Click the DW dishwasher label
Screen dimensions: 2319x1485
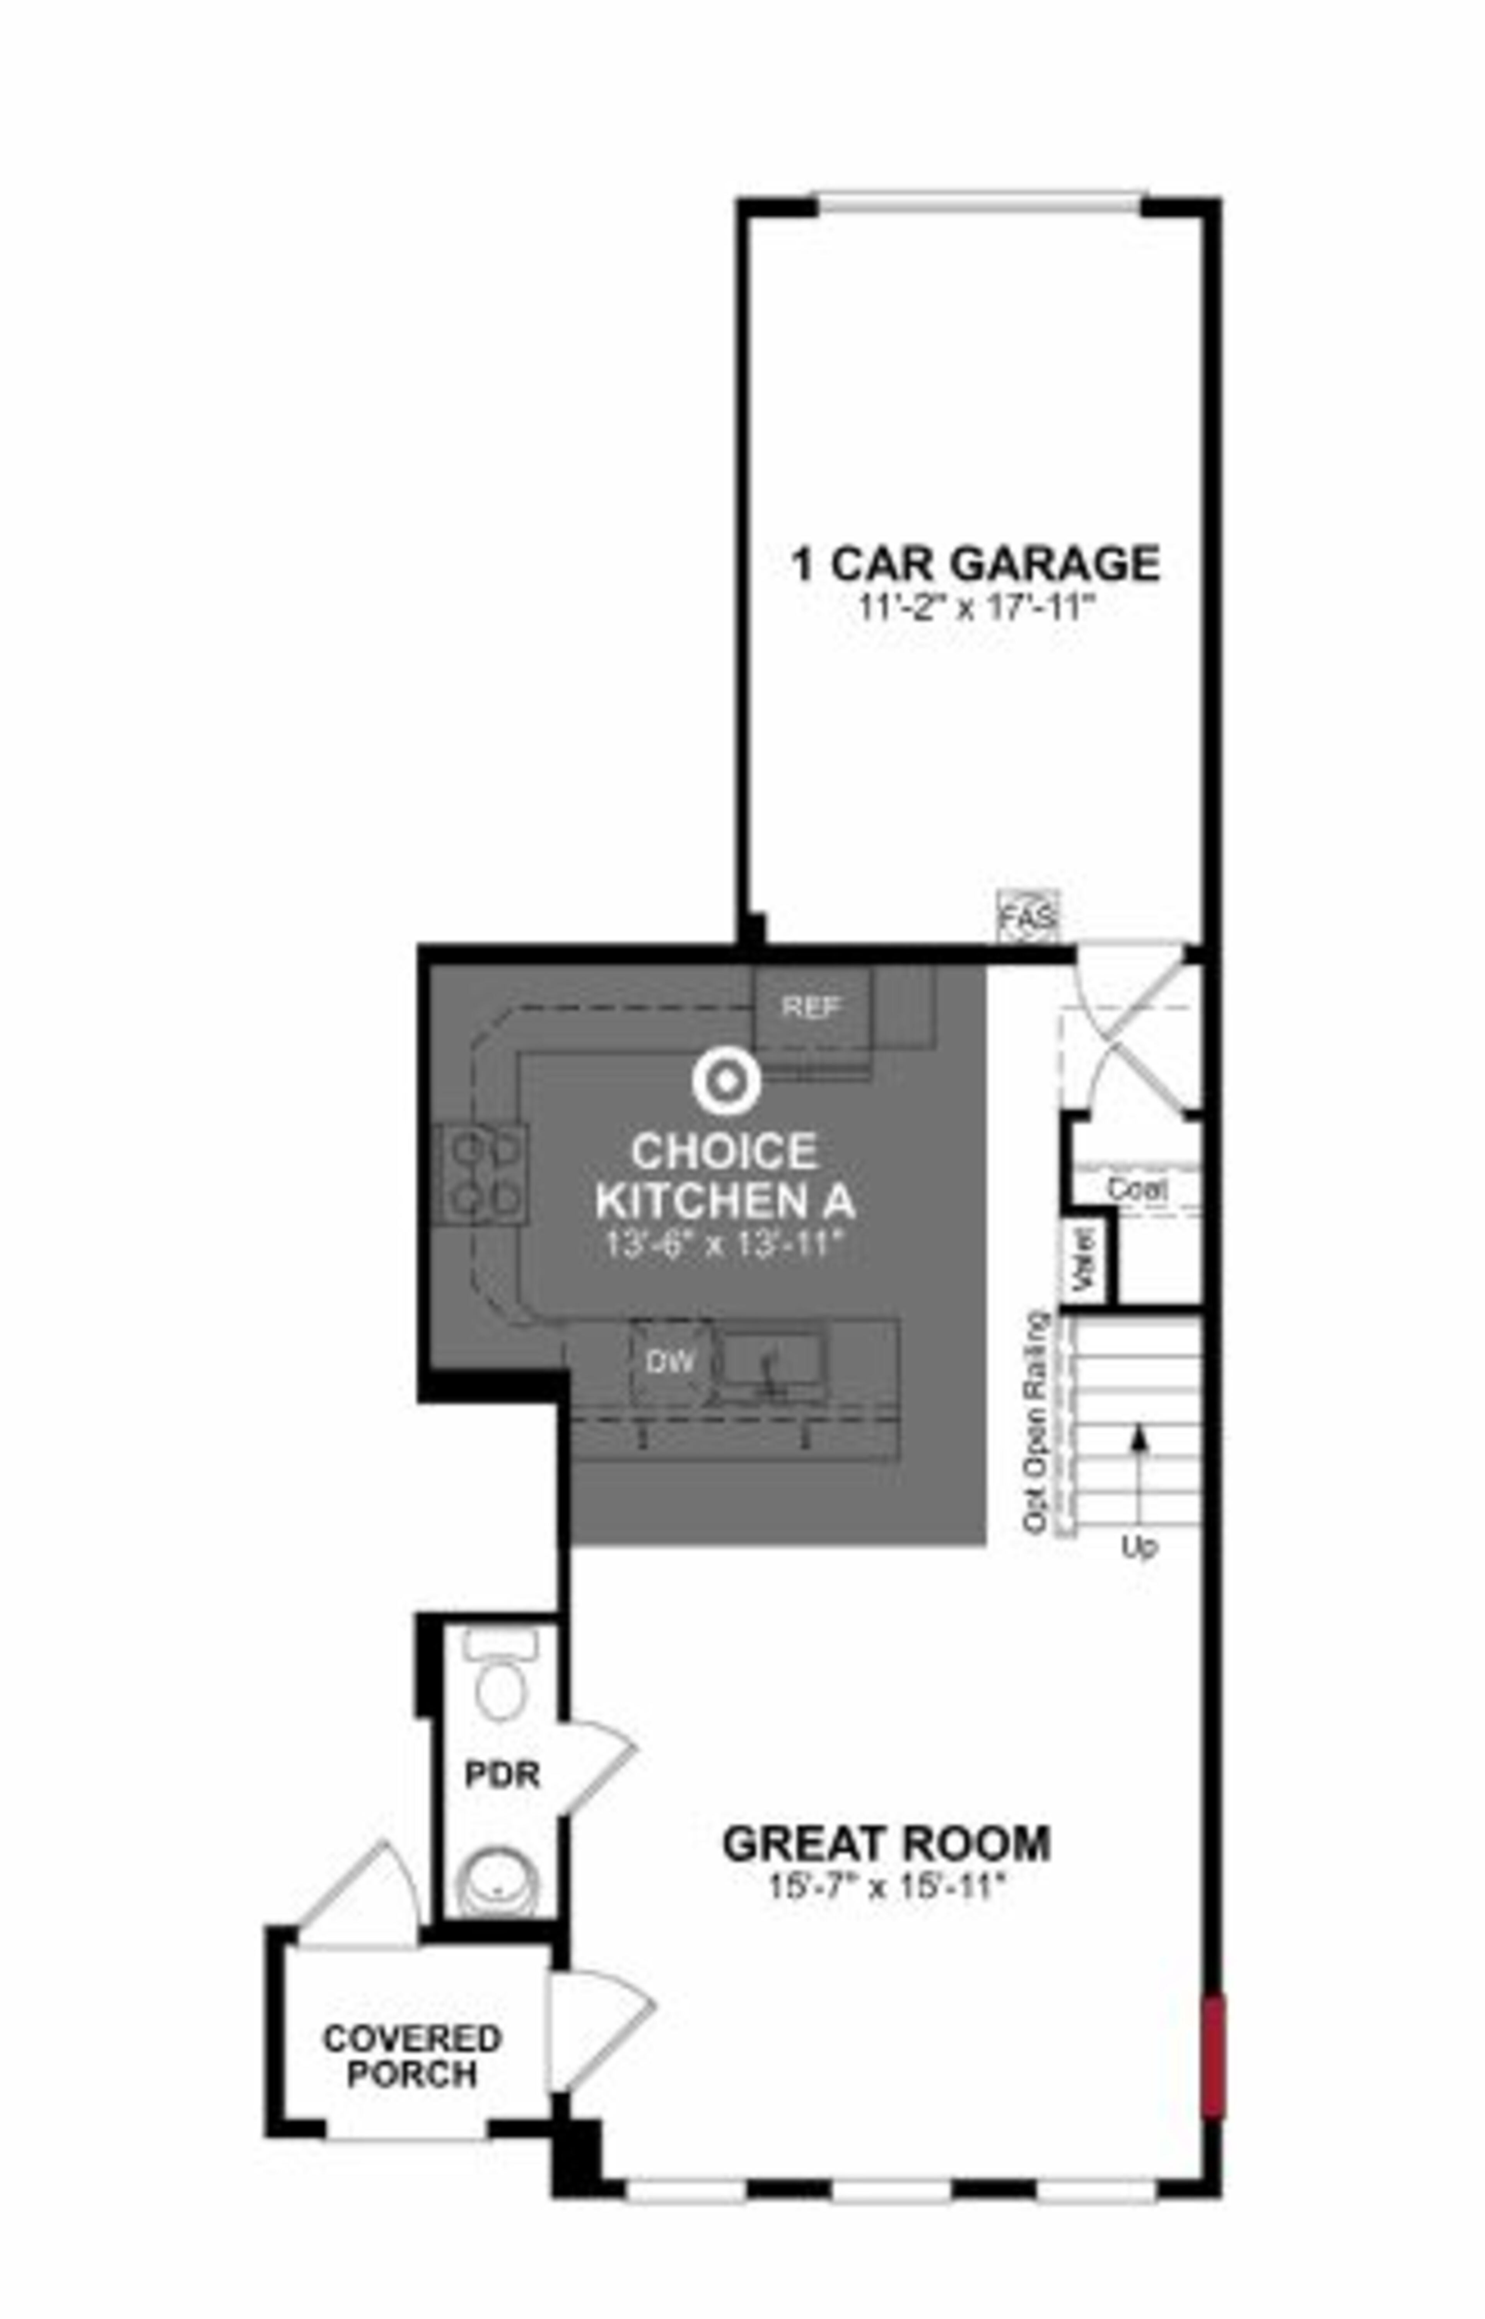pos(669,1362)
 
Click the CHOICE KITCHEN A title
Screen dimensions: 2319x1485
pos(725,1176)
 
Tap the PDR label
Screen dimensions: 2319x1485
pos(502,1775)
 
